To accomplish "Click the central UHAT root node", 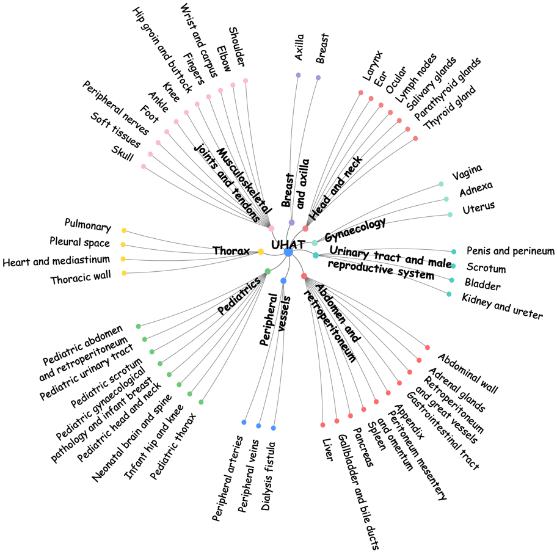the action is tap(288, 252).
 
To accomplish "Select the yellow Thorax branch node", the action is tap(261, 252).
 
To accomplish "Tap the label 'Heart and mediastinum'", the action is tap(56, 260).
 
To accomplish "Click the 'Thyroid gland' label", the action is tap(450, 107).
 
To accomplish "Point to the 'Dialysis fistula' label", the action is tap(268, 476).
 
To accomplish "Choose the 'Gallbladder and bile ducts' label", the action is tap(358, 492).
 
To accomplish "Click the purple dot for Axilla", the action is tap(299, 75).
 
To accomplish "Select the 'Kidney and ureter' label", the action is tap(502, 306).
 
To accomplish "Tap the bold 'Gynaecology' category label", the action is tap(355, 230).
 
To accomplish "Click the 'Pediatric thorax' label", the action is tap(173, 446).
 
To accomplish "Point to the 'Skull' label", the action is tap(122, 153).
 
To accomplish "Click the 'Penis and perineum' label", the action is tap(511, 251).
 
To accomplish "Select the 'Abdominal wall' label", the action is tap(468, 373).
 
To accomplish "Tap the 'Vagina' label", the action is tap(467, 172).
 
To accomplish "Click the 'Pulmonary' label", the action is tap(88, 225).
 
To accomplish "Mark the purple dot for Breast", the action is tap(318, 78).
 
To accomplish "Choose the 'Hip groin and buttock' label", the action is tap(162, 50).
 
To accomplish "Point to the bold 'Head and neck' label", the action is tap(336, 188).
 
